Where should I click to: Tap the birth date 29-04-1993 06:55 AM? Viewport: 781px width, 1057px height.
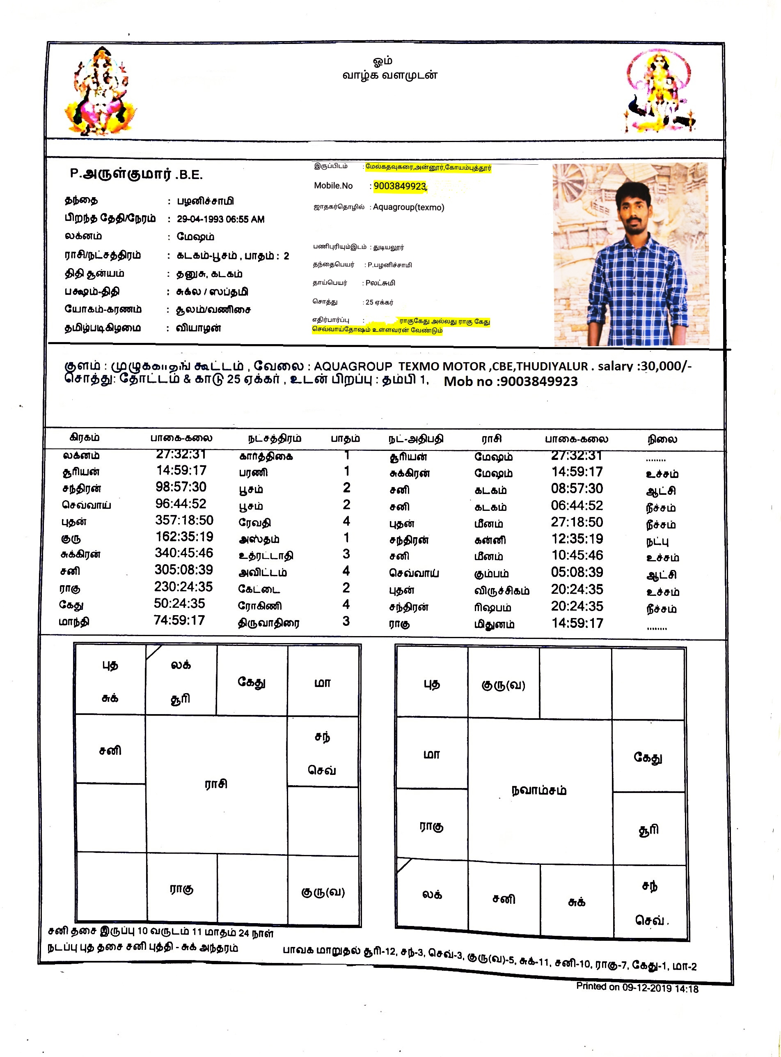220,219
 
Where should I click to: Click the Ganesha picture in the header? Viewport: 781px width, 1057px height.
101,91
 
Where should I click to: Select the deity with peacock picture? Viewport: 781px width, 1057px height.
659,93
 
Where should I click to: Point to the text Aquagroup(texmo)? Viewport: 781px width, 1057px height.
408,207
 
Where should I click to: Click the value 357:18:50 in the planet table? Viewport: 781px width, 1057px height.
184,520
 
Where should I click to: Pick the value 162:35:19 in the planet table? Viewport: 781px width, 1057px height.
184,537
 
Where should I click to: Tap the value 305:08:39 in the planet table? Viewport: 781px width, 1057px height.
184,570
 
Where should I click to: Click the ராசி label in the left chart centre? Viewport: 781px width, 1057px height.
216,784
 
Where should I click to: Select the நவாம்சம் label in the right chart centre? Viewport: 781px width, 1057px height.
539,790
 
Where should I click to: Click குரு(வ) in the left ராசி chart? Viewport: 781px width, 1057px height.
323,892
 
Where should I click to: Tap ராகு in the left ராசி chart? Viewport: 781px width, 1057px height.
181,889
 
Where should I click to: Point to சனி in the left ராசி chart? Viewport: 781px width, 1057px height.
110,751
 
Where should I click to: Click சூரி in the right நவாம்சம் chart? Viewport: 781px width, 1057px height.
648,830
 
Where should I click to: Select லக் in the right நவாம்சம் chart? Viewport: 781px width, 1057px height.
432,894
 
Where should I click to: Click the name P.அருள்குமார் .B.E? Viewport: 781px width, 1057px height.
136,174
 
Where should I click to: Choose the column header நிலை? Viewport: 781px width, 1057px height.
662,439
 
